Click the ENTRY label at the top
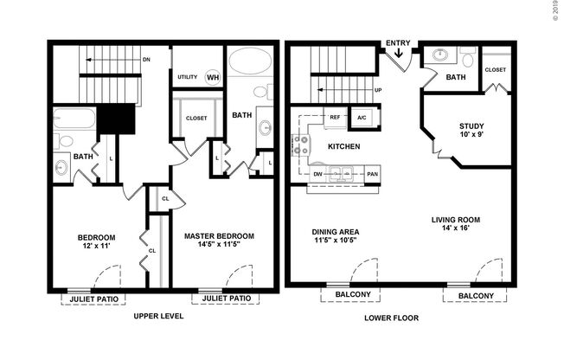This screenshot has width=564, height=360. [x=398, y=42]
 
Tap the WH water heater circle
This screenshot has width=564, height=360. [x=213, y=78]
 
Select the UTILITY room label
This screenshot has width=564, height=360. [x=188, y=78]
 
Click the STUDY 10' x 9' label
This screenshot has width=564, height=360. [x=471, y=131]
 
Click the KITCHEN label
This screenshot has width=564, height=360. [x=343, y=146]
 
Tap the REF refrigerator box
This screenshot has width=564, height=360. [x=334, y=117]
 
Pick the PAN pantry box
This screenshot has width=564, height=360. [x=372, y=172]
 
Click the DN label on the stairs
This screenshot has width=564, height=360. [x=146, y=60]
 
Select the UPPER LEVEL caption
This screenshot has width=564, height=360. [x=158, y=318]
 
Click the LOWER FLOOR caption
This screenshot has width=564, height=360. [x=391, y=318]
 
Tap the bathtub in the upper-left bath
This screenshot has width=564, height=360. [x=74, y=118]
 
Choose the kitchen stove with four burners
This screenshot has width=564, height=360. [x=303, y=145]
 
